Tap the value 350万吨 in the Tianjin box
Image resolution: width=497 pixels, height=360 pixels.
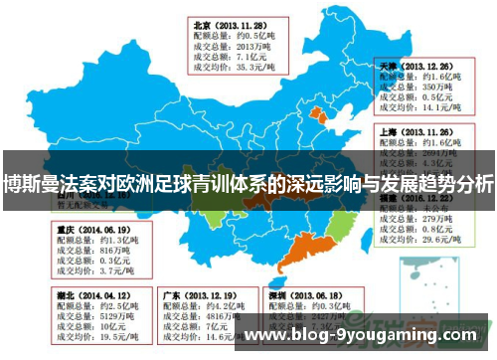click(437, 88)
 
